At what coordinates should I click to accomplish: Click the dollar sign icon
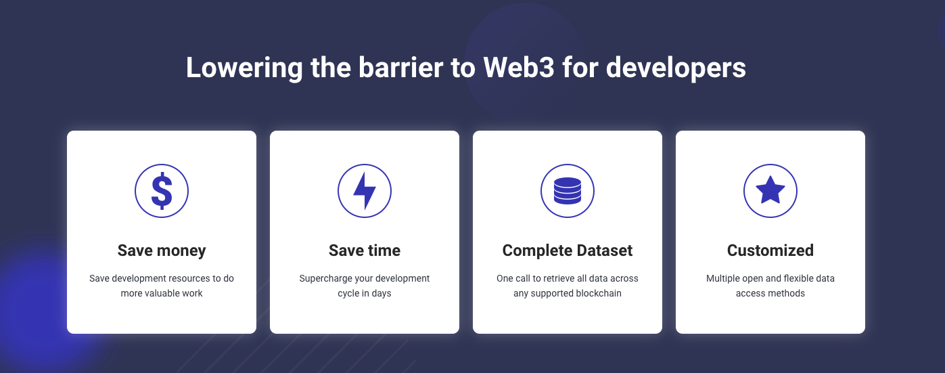tap(162, 191)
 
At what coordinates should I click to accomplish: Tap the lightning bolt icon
tap(365, 191)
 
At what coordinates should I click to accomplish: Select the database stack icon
tap(568, 191)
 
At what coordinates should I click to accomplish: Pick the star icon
tap(770, 191)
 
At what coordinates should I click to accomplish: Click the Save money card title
tap(162, 250)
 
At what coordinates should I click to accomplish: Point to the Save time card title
tap(365, 250)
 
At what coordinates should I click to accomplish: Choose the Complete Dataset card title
tap(568, 250)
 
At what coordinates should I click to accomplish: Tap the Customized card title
tap(770, 250)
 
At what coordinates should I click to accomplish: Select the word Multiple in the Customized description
tap(724, 278)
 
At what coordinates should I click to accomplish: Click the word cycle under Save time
tap(348, 294)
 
